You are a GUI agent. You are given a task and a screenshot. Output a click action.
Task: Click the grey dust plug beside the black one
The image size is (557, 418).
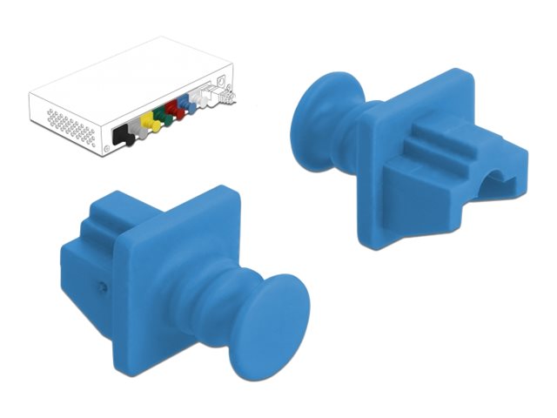[134, 131]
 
